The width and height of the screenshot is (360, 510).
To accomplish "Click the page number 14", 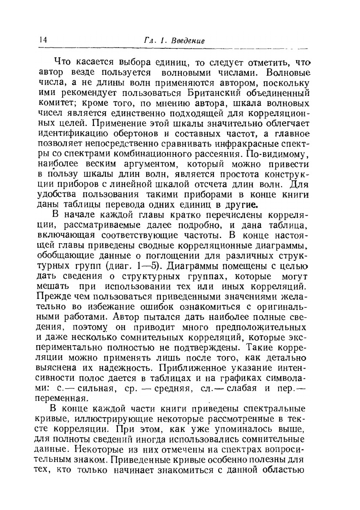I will pos(42,40).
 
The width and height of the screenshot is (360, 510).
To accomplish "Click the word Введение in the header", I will pos(187,41).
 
